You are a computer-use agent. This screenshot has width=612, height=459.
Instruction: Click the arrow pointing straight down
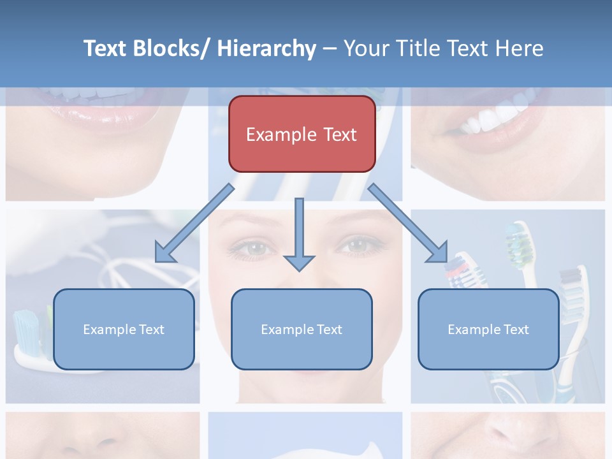299,236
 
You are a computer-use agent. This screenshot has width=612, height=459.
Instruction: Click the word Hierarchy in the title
266,48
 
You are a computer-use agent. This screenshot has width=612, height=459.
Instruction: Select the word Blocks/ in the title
171,48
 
